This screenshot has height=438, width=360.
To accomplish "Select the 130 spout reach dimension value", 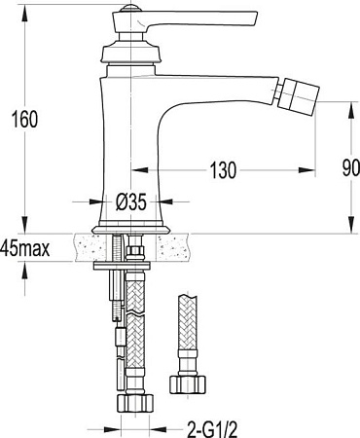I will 224,171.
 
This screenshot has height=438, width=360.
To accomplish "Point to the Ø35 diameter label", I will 130,202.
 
